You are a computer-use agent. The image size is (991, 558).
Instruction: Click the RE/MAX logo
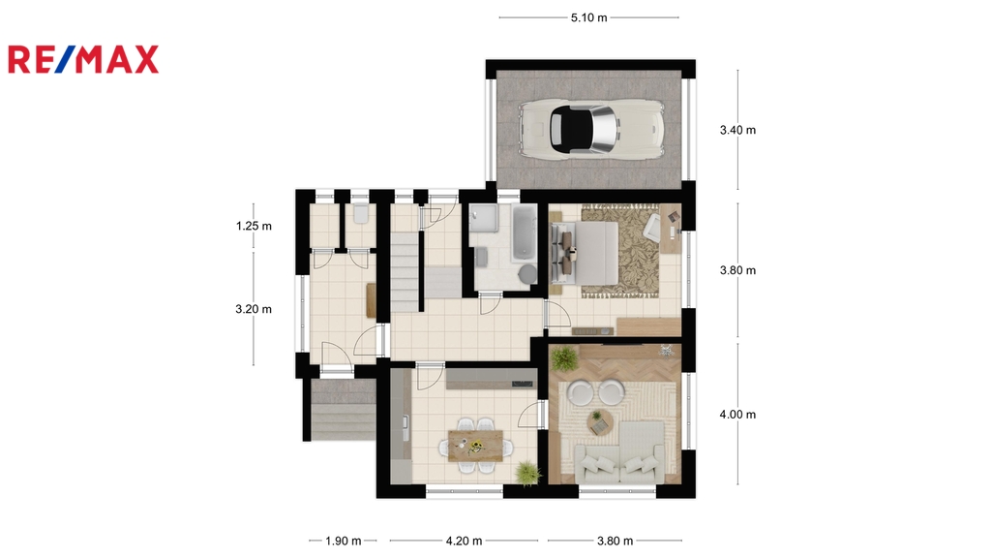83,59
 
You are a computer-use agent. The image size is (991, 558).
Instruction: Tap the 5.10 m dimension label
589,17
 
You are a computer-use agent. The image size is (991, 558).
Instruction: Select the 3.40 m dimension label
737,131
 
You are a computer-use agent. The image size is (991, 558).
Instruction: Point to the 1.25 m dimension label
254,226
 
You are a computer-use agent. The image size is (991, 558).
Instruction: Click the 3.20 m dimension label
254,309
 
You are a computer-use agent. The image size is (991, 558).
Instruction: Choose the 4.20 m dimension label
464,541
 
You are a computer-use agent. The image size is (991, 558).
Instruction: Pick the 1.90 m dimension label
344,541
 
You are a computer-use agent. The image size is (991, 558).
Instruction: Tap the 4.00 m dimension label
737,415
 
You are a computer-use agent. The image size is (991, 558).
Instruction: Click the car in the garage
591,129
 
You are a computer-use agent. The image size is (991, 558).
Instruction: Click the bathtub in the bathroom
525,232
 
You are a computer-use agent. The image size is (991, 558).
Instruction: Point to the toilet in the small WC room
361,213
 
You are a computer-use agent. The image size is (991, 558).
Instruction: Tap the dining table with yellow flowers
476,446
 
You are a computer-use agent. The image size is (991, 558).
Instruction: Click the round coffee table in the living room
599,421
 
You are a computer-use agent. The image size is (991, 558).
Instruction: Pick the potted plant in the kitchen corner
527,473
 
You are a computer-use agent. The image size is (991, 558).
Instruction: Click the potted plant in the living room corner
563,359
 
